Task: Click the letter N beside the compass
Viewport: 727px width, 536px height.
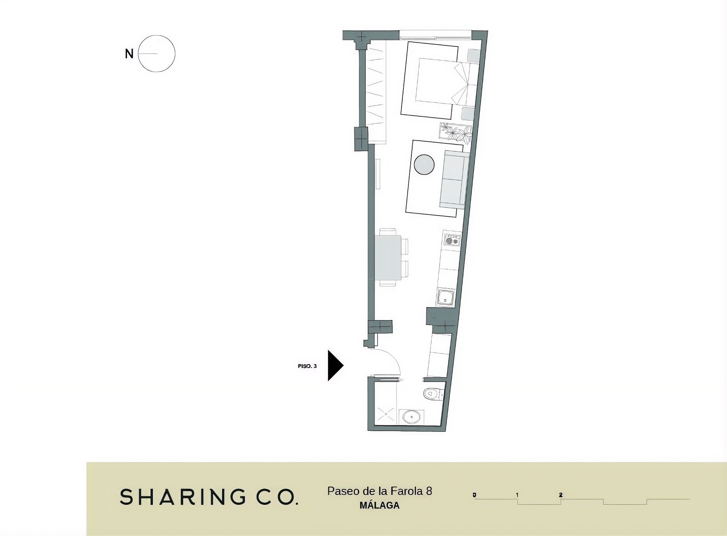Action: click(x=129, y=54)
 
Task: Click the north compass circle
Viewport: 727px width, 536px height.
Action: click(x=156, y=35)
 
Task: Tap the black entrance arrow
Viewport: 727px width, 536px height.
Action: click(x=335, y=365)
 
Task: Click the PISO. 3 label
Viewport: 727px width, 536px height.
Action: click(x=307, y=366)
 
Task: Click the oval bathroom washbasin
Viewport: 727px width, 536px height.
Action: click(x=411, y=417)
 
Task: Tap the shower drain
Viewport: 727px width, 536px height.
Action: click(x=386, y=414)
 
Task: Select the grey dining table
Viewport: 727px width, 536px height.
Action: click(x=388, y=258)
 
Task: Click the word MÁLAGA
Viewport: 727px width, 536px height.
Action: click(x=379, y=506)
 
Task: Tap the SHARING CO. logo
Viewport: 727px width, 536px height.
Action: click(x=209, y=497)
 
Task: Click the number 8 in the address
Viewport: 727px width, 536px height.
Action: click(x=429, y=491)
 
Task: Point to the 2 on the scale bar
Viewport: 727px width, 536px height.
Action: click(x=561, y=495)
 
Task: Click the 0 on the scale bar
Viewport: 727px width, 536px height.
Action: click(x=475, y=495)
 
